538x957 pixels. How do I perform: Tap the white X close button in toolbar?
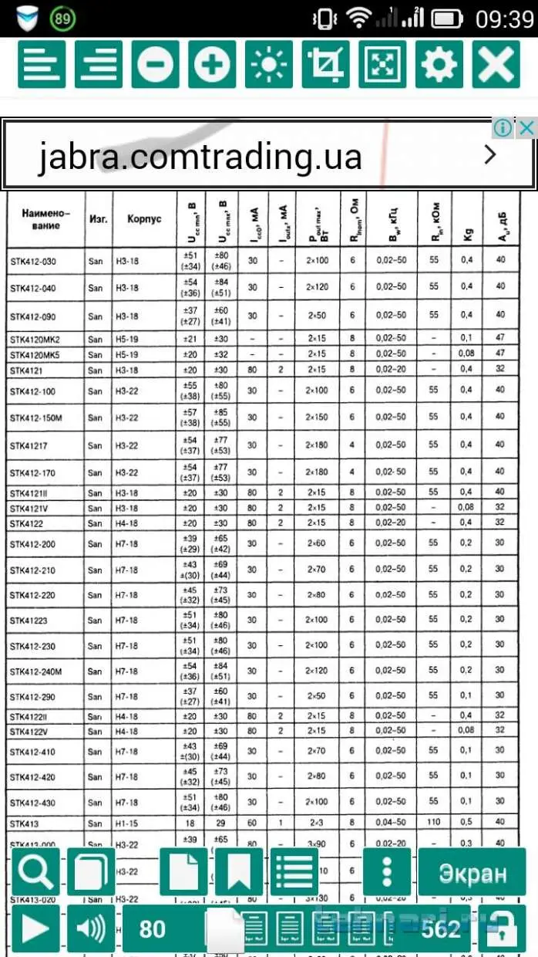click(496, 64)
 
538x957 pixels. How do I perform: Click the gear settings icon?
click(439, 64)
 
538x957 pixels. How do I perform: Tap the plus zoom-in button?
click(212, 64)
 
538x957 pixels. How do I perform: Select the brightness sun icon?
click(269, 64)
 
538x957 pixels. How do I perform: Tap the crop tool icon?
click(326, 64)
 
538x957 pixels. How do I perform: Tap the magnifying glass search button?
click(35, 873)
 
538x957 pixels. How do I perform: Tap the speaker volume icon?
click(91, 928)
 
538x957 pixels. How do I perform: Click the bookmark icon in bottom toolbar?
click(239, 873)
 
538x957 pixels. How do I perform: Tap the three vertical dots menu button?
click(386, 873)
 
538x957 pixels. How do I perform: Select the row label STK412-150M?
click(36, 418)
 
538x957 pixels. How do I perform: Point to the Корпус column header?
click(144, 218)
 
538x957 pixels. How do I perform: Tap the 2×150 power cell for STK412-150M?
click(317, 418)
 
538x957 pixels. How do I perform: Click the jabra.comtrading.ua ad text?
click(200, 157)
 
